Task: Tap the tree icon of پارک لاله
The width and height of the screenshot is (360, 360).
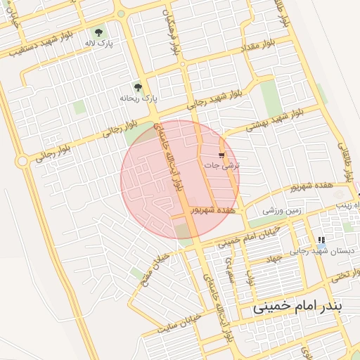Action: (98, 32)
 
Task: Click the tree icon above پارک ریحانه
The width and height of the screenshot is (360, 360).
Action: (138, 88)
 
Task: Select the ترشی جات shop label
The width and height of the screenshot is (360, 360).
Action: (221, 165)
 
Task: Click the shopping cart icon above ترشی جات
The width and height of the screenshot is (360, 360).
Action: (222, 154)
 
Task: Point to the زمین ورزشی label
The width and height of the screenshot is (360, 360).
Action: (283, 210)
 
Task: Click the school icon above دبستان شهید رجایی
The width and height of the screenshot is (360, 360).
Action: (321, 240)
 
